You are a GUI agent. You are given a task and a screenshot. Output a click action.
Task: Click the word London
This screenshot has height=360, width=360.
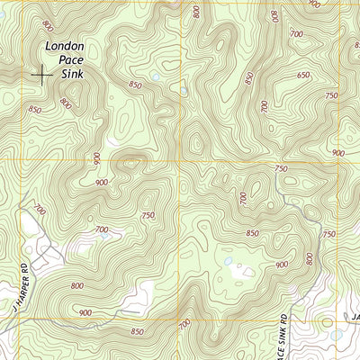(66, 47)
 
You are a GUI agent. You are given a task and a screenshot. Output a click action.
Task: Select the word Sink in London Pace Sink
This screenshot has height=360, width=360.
(72, 74)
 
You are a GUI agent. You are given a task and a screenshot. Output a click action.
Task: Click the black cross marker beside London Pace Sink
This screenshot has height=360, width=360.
(41, 74)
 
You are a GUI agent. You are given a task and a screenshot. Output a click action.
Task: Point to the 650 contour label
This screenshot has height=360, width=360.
(304, 75)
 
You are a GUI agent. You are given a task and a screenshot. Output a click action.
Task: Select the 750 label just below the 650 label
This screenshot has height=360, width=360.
(331, 95)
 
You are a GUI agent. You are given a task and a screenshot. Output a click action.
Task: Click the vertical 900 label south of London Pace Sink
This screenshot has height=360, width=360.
(97, 160)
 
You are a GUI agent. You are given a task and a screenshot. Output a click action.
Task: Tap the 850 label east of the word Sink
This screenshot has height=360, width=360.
(135, 85)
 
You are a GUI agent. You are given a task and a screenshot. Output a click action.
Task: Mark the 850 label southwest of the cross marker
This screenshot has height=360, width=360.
(34, 110)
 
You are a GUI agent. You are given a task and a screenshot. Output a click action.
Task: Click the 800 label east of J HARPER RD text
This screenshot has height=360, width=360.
(76, 285)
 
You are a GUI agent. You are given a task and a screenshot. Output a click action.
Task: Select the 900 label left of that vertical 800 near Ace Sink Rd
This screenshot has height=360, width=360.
(283, 265)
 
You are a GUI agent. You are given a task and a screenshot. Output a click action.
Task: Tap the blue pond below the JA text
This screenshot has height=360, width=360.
(337, 335)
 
